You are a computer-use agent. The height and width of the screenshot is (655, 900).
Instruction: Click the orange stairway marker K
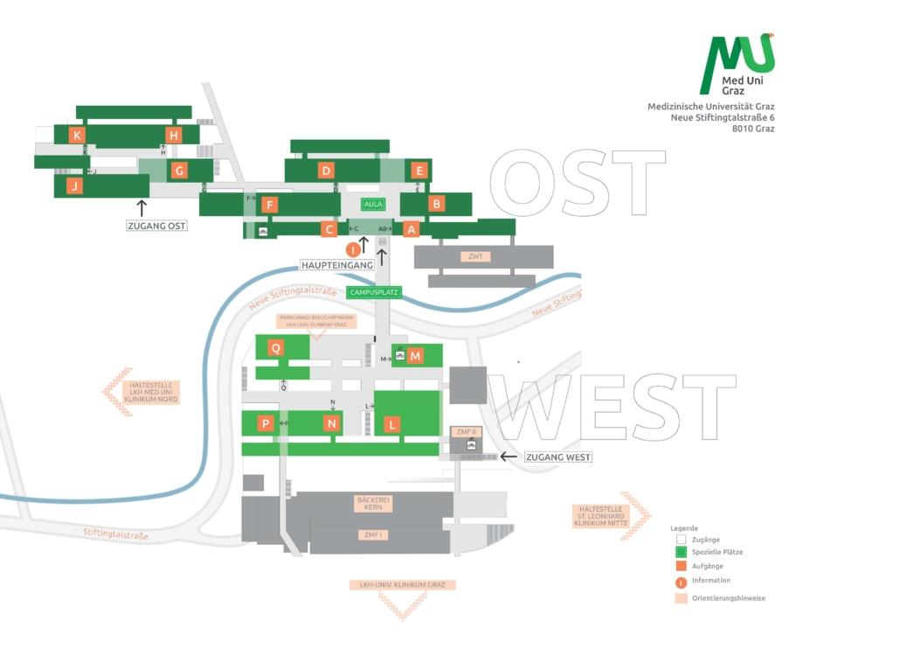[78, 135]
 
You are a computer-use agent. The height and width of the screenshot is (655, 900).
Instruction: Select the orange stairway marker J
[75, 185]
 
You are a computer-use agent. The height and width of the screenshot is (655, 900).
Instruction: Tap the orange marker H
[173, 135]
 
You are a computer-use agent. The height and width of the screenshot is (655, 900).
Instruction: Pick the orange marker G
[179, 171]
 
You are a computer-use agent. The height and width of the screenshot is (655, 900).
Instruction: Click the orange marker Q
[276, 347]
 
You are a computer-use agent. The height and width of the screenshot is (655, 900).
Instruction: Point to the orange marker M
[415, 356]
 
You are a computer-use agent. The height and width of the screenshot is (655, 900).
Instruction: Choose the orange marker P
[266, 423]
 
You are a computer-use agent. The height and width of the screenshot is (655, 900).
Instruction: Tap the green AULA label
[374, 204]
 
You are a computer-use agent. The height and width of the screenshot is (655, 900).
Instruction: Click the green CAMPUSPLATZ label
[374, 292]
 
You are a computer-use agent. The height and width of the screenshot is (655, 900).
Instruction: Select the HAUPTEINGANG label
[337, 264]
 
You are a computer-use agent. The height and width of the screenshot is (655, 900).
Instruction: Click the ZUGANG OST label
[157, 226]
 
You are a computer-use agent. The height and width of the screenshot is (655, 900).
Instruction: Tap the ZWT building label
[476, 256]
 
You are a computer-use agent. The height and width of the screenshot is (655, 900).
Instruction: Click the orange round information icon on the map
[354, 249]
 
